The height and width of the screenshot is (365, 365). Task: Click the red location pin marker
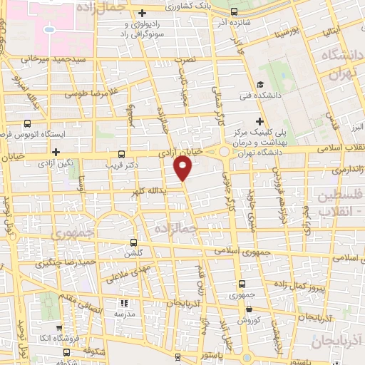pos(183,168)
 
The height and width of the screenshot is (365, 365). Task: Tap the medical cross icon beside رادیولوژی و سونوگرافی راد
pos(143,13)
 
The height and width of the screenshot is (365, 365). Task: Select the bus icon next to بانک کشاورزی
pos(236,11)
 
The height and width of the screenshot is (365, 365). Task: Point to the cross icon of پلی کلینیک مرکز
pos(259,121)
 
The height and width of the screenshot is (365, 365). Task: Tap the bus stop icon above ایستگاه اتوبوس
pos(26,123)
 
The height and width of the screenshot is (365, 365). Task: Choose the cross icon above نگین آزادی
pos(56,152)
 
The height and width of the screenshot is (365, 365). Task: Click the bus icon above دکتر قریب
pos(122,153)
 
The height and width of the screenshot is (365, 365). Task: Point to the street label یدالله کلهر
pos(149,191)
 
